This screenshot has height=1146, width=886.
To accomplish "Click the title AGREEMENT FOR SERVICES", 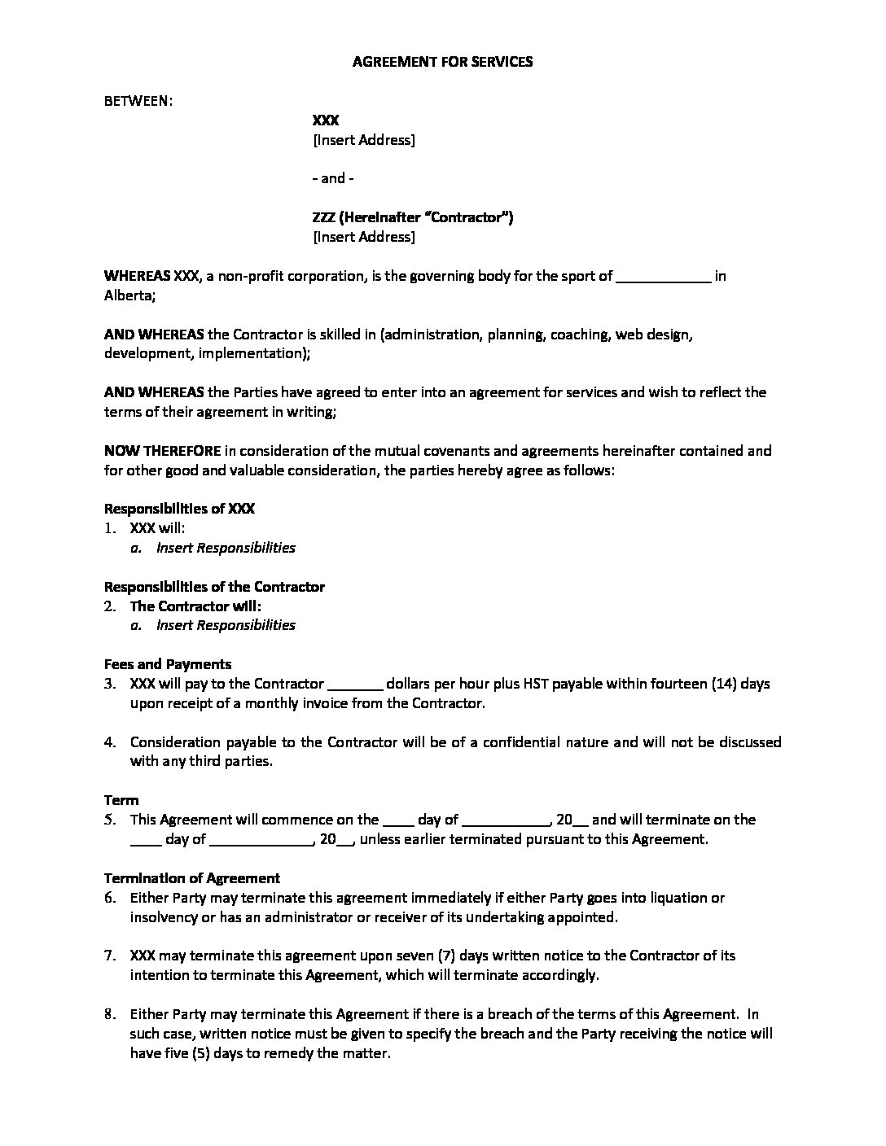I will tap(442, 62).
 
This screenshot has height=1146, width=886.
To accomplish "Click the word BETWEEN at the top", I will tap(137, 101).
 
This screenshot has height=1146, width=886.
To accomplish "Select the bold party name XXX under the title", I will tap(326, 120).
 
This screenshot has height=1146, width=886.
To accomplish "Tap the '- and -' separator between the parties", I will tap(333, 178).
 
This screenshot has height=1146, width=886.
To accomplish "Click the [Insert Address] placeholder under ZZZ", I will tap(364, 237).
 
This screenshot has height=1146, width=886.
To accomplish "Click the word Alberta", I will tap(129, 295).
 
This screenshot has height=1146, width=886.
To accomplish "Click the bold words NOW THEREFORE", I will tap(163, 451).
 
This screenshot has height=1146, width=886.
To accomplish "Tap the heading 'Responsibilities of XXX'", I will tap(179, 509).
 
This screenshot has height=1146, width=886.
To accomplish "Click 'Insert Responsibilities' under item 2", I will tap(226, 625).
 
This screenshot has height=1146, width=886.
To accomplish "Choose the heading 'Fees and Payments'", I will tap(168, 664).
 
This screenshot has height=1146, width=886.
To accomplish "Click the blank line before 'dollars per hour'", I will tap(354, 685).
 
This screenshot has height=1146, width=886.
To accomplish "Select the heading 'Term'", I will tap(121, 800).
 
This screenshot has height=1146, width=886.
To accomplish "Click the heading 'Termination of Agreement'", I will tap(192, 878).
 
